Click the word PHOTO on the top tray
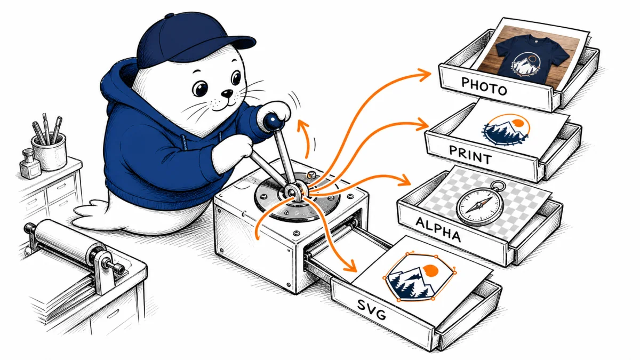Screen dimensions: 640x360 pyautogui.click(x=484, y=86)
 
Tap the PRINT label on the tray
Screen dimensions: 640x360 pyautogui.click(x=470, y=155)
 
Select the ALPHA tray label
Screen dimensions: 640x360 pyautogui.click(x=438, y=229)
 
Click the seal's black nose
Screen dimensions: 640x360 pyautogui.click(x=228, y=93)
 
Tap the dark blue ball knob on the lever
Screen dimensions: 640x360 pyautogui.click(x=273, y=122)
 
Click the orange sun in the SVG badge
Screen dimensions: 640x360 pyautogui.click(x=430, y=270)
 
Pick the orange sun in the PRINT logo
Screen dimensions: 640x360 pyautogui.click(x=518, y=123)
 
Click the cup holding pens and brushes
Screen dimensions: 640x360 pyautogui.click(x=50, y=151)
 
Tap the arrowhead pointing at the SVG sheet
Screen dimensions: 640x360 pyautogui.click(x=351, y=267)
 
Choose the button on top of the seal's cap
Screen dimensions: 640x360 pyautogui.click(x=169, y=16)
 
